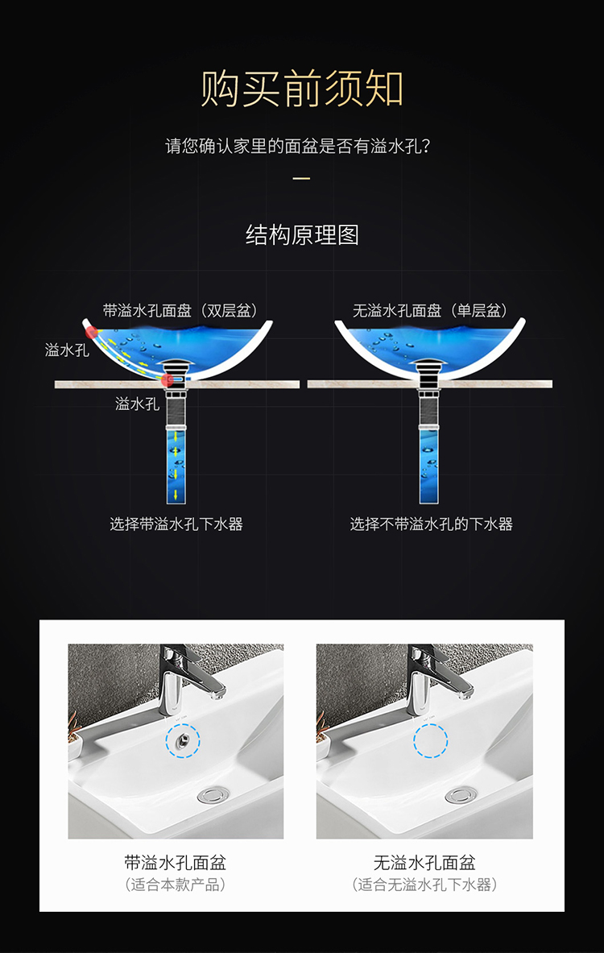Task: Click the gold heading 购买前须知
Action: pyautogui.click(x=302, y=89)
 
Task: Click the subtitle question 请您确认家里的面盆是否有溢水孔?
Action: pyautogui.click(x=298, y=147)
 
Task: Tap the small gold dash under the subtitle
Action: pyautogui.click(x=301, y=178)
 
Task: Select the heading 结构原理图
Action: pyautogui.click(x=302, y=234)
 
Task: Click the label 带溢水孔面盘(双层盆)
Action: pyautogui.click(x=180, y=311)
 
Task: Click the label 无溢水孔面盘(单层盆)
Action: pyautogui.click(x=430, y=311)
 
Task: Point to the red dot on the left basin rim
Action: pyautogui.click(x=92, y=332)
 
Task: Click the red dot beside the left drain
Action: pyautogui.click(x=167, y=380)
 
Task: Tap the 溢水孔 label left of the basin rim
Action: pyautogui.click(x=67, y=350)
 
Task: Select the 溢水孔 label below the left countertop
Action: pyautogui.click(x=138, y=404)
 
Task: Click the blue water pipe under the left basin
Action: pyautogui.click(x=176, y=465)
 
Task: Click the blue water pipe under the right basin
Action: pyautogui.click(x=429, y=465)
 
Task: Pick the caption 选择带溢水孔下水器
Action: pyautogui.click(x=176, y=524)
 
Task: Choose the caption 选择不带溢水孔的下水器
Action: pyautogui.click(x=432, y=524)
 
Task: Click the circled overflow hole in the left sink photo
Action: pyautogui.click(x=182, y=740)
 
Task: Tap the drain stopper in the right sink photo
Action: pyautogui.click(x=461, y=794)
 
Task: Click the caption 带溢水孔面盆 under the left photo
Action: pyautogui.click(x=176, y=863)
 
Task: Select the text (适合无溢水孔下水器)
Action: pyautogui.click(x=424, y=885)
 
